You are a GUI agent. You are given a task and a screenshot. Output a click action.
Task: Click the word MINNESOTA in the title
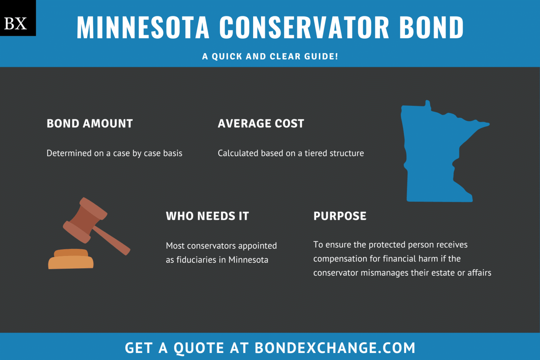(143, 27)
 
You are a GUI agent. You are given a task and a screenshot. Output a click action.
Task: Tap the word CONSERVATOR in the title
(304, 27)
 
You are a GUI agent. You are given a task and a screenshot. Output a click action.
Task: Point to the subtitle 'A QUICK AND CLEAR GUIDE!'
(270, 57)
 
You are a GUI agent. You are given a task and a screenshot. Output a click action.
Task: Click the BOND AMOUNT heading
(90, 124)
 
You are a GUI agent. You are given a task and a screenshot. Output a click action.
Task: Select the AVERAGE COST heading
(261, 124)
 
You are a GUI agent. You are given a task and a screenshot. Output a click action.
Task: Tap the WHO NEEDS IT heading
(207, 216)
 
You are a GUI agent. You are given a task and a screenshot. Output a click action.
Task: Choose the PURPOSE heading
(340, 216)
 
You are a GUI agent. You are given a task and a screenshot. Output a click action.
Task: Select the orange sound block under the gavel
(71, 260)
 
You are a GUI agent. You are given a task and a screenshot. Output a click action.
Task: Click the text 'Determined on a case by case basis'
(114, 153)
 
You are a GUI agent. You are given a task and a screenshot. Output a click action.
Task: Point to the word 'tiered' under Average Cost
(316, 153)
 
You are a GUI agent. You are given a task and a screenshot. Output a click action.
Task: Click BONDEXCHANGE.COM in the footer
(335, 348)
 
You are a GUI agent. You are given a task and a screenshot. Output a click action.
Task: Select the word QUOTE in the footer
(199, 348)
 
